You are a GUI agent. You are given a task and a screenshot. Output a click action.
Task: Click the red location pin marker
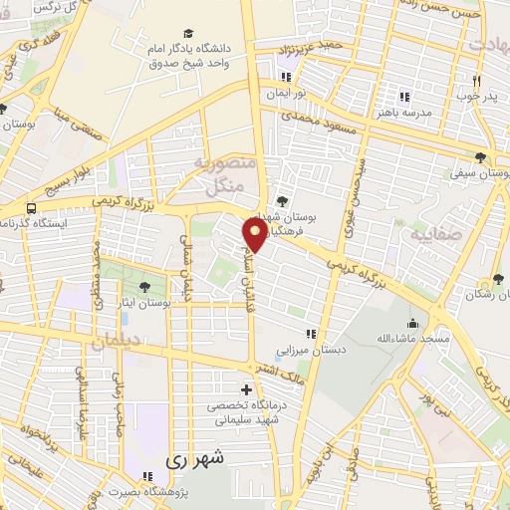255,234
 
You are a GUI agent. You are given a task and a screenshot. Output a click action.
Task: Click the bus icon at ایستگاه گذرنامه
32,209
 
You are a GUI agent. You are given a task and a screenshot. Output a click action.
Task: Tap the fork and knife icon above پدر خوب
476,82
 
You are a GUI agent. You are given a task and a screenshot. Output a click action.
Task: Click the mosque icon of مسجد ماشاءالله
411,323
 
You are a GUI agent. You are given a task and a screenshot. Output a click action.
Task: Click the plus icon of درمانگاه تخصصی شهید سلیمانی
246,388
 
